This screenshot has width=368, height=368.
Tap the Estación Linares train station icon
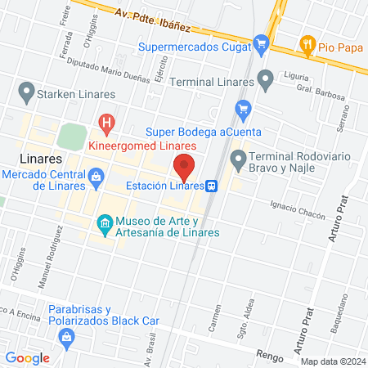pyautogui.click(x=211, y=186)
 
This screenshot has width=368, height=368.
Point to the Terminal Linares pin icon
pyautogui.click(x=265, y=79)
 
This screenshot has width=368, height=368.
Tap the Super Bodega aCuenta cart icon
pyautogui.click(x=242, y=108)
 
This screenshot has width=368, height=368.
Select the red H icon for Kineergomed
pyautogui.click(x=106, y=123)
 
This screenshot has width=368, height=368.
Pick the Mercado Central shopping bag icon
pyautogui.click(x=96, y=176)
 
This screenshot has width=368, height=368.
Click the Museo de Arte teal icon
pyautogui.click(x=104, y=222)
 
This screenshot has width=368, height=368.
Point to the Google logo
pyautogui.click(x=27, y=357)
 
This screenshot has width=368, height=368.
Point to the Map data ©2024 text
pyautogui.click(x=332, y=361)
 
